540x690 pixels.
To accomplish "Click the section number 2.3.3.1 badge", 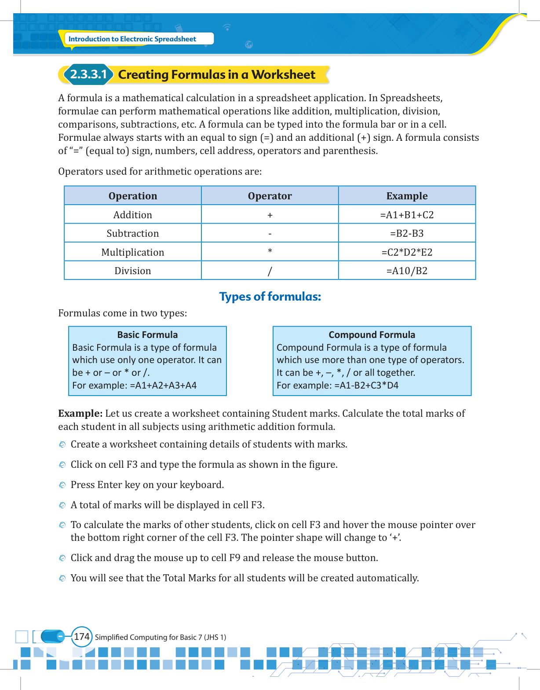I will [x=88, y=74].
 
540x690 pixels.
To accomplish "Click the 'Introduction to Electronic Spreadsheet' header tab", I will [x=132, y=39].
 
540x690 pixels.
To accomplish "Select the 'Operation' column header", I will [x=133, y=196].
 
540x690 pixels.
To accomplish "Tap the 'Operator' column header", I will [x=270, y=196].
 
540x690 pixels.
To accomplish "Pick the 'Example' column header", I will [x=407, y=196].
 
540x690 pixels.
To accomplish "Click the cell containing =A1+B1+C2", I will [x=407, y=215].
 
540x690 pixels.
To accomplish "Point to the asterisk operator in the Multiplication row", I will [x=270, y=251].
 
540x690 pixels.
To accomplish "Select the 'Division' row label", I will [x=133, y=271].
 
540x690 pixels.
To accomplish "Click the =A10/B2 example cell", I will [x=407, y=271].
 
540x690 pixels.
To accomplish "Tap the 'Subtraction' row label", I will [x=133, y=233].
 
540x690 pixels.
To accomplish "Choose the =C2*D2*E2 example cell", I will [x=407, y=252].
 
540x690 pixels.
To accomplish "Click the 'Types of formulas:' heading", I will [x=270, y=297].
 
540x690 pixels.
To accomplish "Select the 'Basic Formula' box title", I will [x=147, y=334].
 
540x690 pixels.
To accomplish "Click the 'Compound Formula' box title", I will [x=372, y=334].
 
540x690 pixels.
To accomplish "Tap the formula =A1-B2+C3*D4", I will [x=366, y=385].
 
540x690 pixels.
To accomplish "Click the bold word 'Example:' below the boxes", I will [x=80, y=413].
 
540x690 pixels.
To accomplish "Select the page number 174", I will [x=82, y=637].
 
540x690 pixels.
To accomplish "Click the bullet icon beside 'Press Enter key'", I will [x=62, y=485].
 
